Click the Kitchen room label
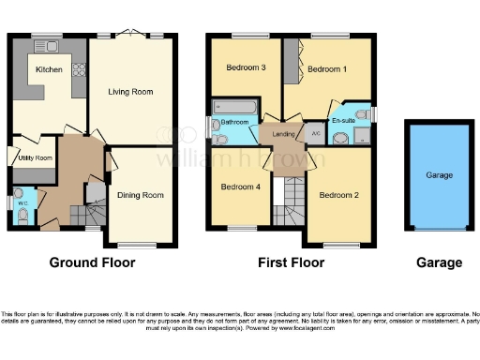click(x=49, y=70)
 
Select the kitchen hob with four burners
click(x=78, y=68)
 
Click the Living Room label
click(x=131, y=92)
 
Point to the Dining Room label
click(x=141, y=195)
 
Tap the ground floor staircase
click(x=96, y=198)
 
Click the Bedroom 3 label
click(x=245, y=67)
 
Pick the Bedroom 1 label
click(x=327, y=68)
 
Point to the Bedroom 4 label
click(x=239, y=186)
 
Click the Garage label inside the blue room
click(x=439, y=175)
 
